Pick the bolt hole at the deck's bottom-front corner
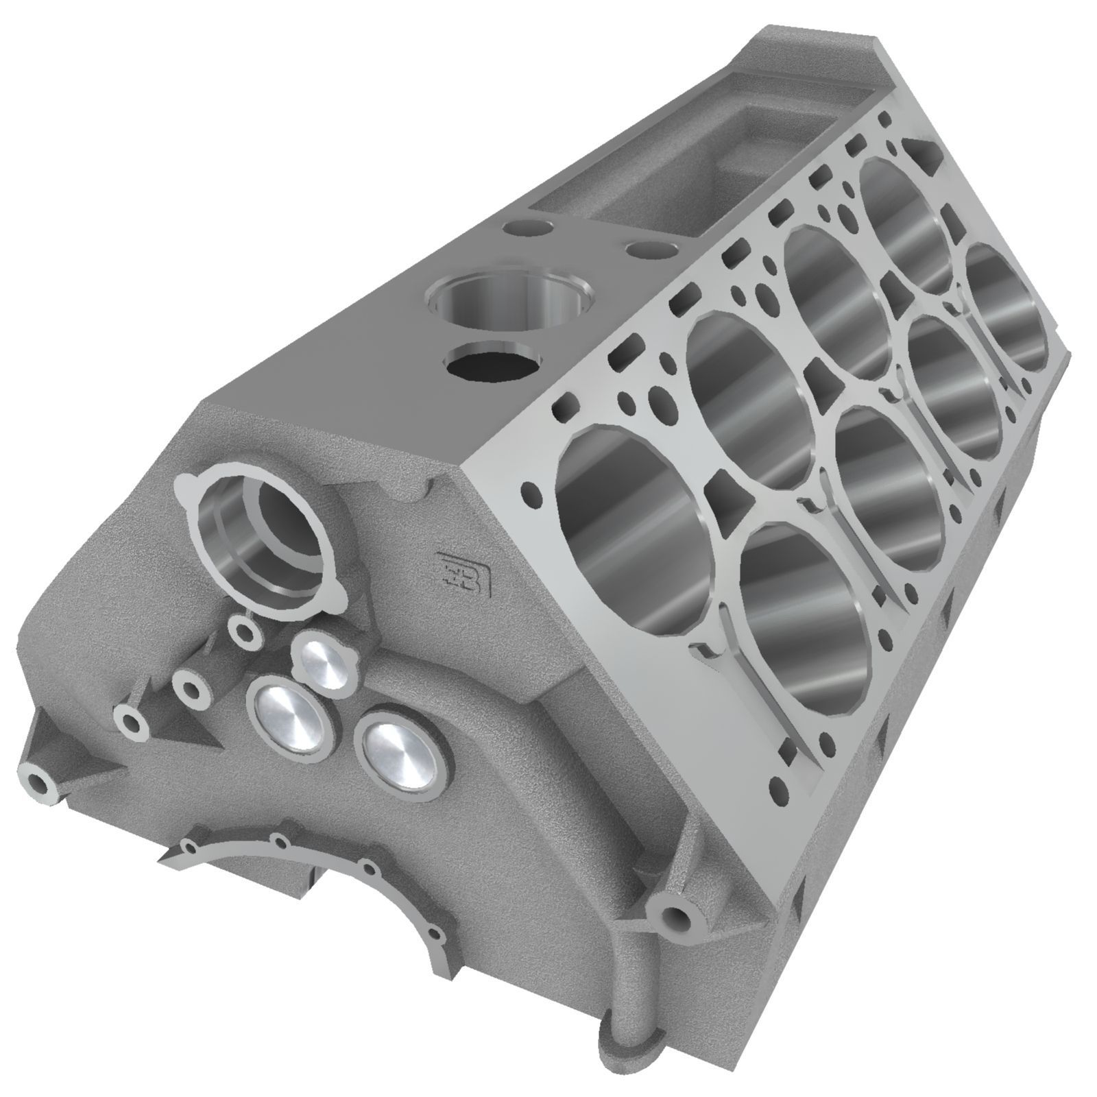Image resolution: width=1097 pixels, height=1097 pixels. (x=777, y=784)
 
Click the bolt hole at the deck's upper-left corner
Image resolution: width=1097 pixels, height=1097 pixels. (x=529, y=492)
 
